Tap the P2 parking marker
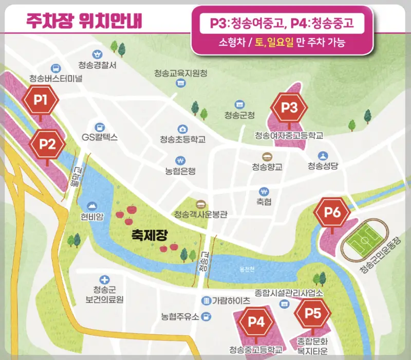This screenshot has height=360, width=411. pos(47,144)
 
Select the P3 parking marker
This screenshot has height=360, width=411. pos(290,107)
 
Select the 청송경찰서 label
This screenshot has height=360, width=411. pos(98,65)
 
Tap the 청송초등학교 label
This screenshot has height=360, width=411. pos(182,139)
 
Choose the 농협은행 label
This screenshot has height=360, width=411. pos(180,171)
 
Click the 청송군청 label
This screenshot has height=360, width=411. pos(239,115)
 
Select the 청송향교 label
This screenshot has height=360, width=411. pos(267,167)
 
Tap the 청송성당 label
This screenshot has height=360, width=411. pos(323,166)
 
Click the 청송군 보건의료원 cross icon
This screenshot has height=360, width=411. pos(105,280)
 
